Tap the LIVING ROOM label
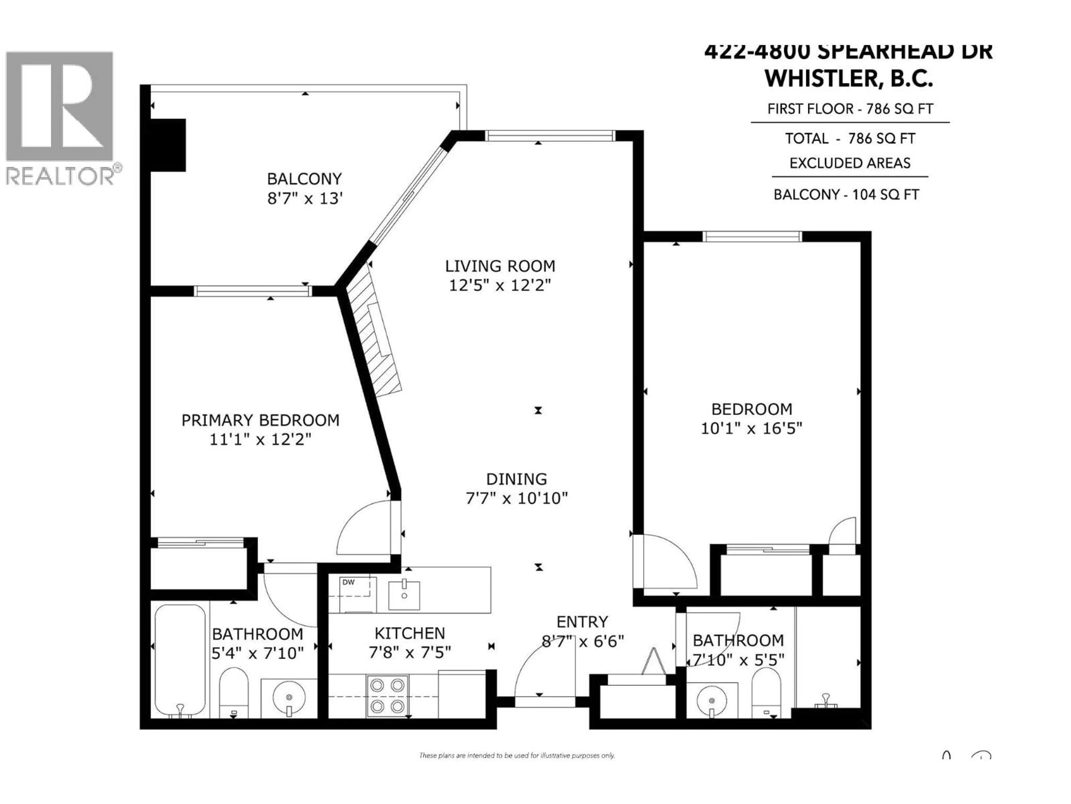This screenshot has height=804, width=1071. (500, 266)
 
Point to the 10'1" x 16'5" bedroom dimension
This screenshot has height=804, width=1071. (751, 429)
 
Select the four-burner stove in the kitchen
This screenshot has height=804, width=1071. (387, 696)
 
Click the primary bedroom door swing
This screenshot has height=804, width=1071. (363, 528)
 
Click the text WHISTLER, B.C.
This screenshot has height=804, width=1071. (849, 79)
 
